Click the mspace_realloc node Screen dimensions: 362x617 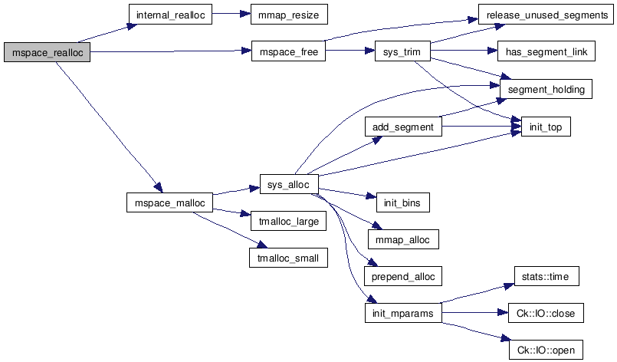48,52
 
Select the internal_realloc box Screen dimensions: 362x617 170,15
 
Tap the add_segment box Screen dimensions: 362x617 402,127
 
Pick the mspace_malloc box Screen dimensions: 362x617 170,202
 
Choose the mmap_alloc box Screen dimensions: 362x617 402,239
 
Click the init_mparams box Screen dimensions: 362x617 402,313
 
